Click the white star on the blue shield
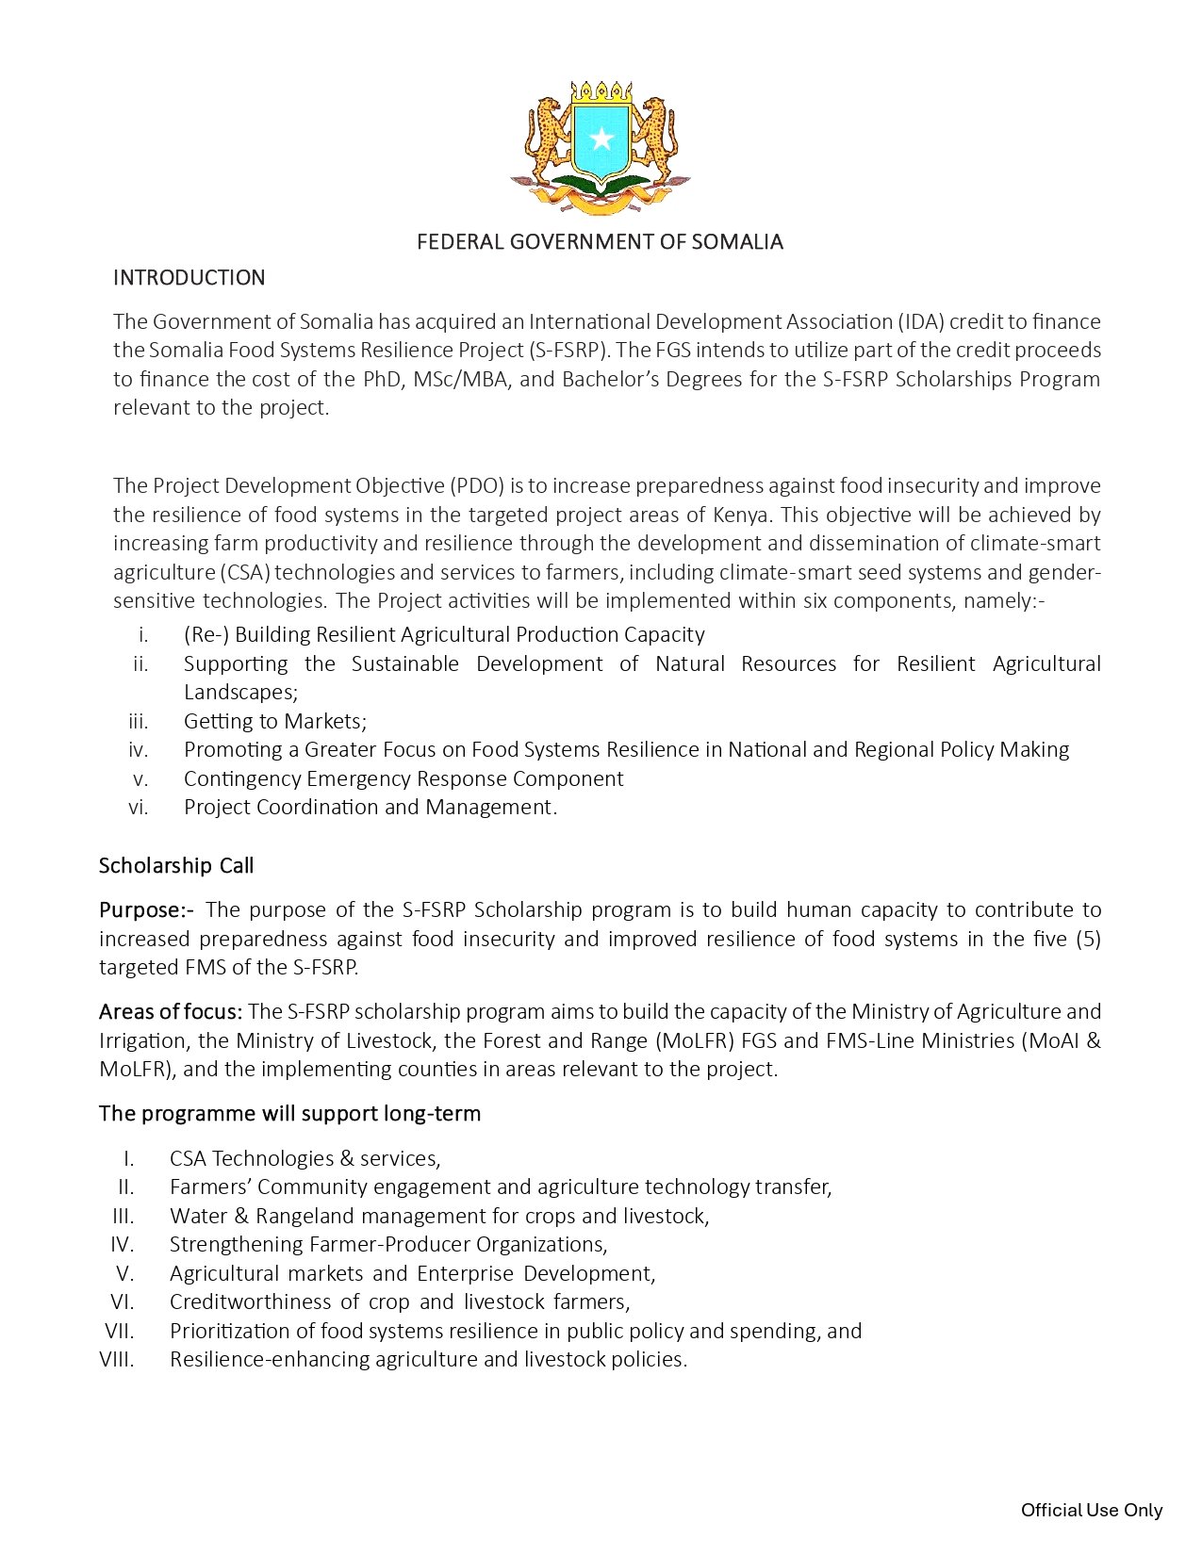pyautogui.click(x=601, y=140)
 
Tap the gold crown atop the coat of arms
pyautogui.click(x=601, y=92)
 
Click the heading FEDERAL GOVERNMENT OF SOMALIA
pyautogui.click(x=600, y=242)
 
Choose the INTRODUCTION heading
pyautogui.click(x=189, y=278)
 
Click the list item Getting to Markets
pyautogui.click(x=274, y=722)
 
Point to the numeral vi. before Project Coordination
pyautogui.click(x=139, y=808)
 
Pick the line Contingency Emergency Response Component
pyautogui.click(x=403, y=779)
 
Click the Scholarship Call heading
pyautogui.click(x=176, y=866)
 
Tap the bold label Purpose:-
pyautogui.click(x=146, y=910)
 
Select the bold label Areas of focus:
pyautogui.click(x=171, y=1012)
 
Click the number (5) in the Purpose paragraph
pyautogui.click(x=1088, y=940)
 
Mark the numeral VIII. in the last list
pyautogui.click(x=117, y=1360)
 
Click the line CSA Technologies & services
pyautogui.click(x=305, y=1159)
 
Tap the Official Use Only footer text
pyautogui.click(x=1092, y=1511)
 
